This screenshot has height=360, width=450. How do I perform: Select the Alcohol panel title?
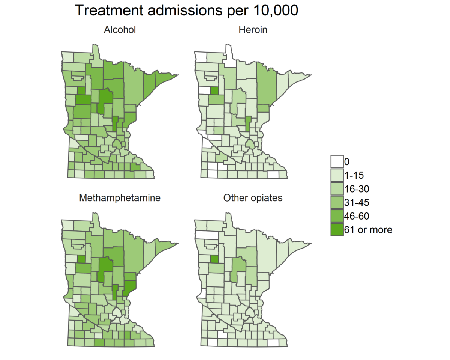(120, 30)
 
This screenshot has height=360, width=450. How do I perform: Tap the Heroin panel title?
(253, 30)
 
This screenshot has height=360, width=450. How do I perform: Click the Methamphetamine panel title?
(120, 198)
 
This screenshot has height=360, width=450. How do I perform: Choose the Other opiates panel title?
(253, 198)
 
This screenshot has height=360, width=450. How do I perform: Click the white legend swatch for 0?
(337, 162)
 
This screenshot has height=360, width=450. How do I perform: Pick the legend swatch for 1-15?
(337, 175)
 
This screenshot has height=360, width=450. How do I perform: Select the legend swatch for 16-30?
(337, 189)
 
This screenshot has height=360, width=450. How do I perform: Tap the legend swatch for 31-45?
(337, 202)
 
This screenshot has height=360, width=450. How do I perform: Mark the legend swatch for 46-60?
(337, 216)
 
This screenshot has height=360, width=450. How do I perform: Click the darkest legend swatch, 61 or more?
(337, 229)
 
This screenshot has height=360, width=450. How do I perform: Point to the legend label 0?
(347, 162)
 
